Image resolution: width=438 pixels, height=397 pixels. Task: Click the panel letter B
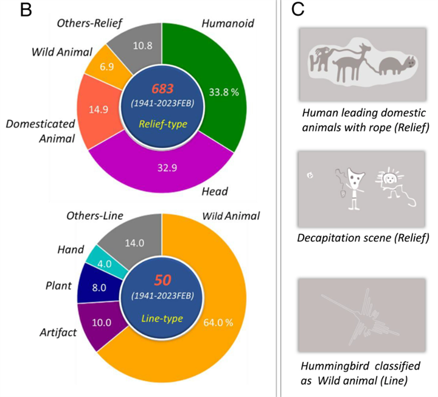(x=25, y=12)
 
